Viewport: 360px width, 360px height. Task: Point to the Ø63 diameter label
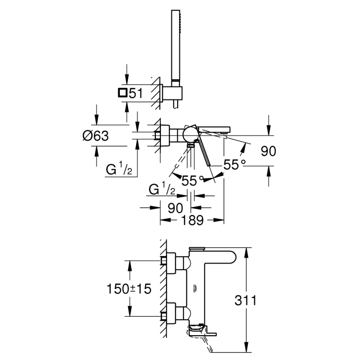point(95,136)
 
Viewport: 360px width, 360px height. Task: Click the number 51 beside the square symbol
point(136,93)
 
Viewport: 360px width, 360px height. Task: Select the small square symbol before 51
point(122,93)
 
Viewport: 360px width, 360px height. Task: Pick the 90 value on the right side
point(268,151)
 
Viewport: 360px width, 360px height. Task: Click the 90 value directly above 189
point(175,207)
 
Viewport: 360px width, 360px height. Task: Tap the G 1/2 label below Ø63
point(119,170)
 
